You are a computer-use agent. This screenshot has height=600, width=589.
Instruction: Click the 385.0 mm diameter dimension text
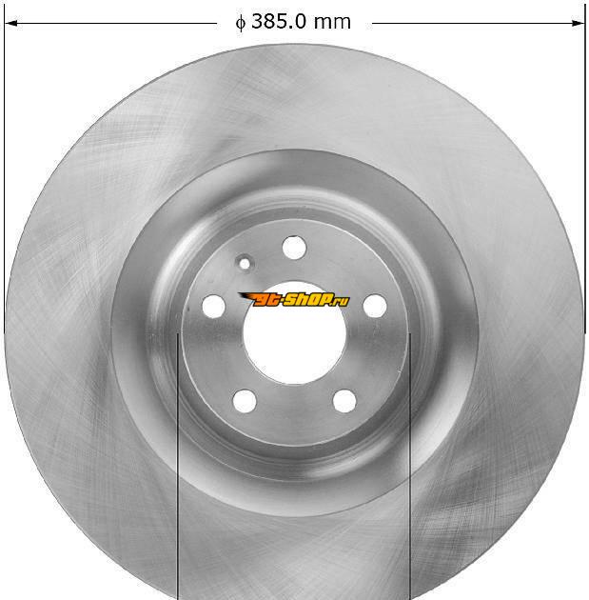[x=293, y=21]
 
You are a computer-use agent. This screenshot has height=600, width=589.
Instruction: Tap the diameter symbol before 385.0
[x=240, y=23]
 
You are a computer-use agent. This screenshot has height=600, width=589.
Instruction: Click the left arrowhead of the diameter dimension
[x=10, y=24]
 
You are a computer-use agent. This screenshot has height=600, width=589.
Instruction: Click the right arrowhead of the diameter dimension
[x=579, y=24]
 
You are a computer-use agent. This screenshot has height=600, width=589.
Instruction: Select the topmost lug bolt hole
[x=294, y=248]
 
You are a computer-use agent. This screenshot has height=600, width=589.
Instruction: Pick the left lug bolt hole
[x=213, y=306]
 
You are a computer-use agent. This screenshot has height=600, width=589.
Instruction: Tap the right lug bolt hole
[x=375, y=306]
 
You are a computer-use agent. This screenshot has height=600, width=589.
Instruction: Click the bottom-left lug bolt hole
[x=245, y=401]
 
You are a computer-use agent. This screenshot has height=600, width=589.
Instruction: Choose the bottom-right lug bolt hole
[x=344, y=401]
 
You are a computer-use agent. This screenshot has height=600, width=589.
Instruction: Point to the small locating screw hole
[x=245, y=263]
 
